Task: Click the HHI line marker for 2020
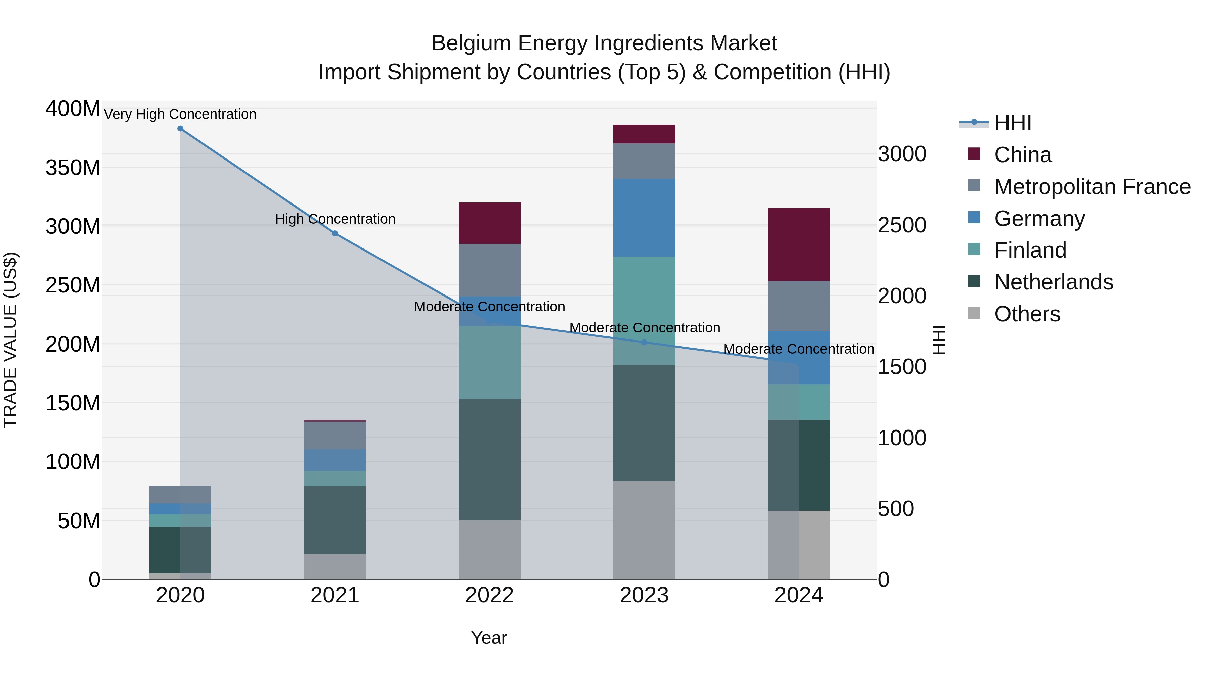180,129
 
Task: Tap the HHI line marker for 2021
334,234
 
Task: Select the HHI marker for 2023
644,343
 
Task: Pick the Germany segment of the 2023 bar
644,217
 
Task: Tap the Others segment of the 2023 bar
644,530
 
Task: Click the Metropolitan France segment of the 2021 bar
334,436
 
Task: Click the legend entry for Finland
1030,250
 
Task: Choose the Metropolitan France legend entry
1092,187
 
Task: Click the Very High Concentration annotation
180,115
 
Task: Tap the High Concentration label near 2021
335,219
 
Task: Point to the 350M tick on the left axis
73,168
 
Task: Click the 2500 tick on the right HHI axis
902,225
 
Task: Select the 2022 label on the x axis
490,595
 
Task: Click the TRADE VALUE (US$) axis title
10,340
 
